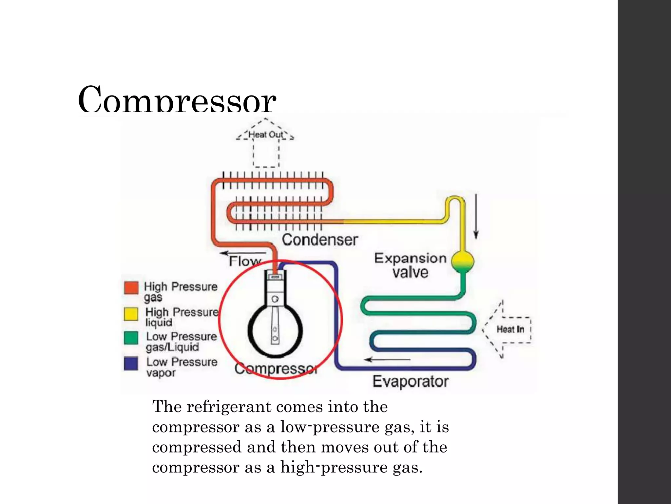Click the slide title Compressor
tap(177, 99)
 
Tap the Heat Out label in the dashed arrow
tap(266, 135)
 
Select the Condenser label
tap(320, 240)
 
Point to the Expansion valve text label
tap(410, 265)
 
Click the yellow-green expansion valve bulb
tap(462, 261)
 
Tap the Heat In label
tap(510, 329)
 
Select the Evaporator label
tap(411, 381)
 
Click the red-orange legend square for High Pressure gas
tap(131, 288)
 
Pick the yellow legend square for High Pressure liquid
tap(131, 313)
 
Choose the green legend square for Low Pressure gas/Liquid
tap(131, 338)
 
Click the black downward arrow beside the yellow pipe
tap(476, 217)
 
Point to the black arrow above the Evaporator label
tap(387, 360)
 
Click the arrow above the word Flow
tap(243, 253)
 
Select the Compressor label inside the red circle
tap(276, 369)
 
